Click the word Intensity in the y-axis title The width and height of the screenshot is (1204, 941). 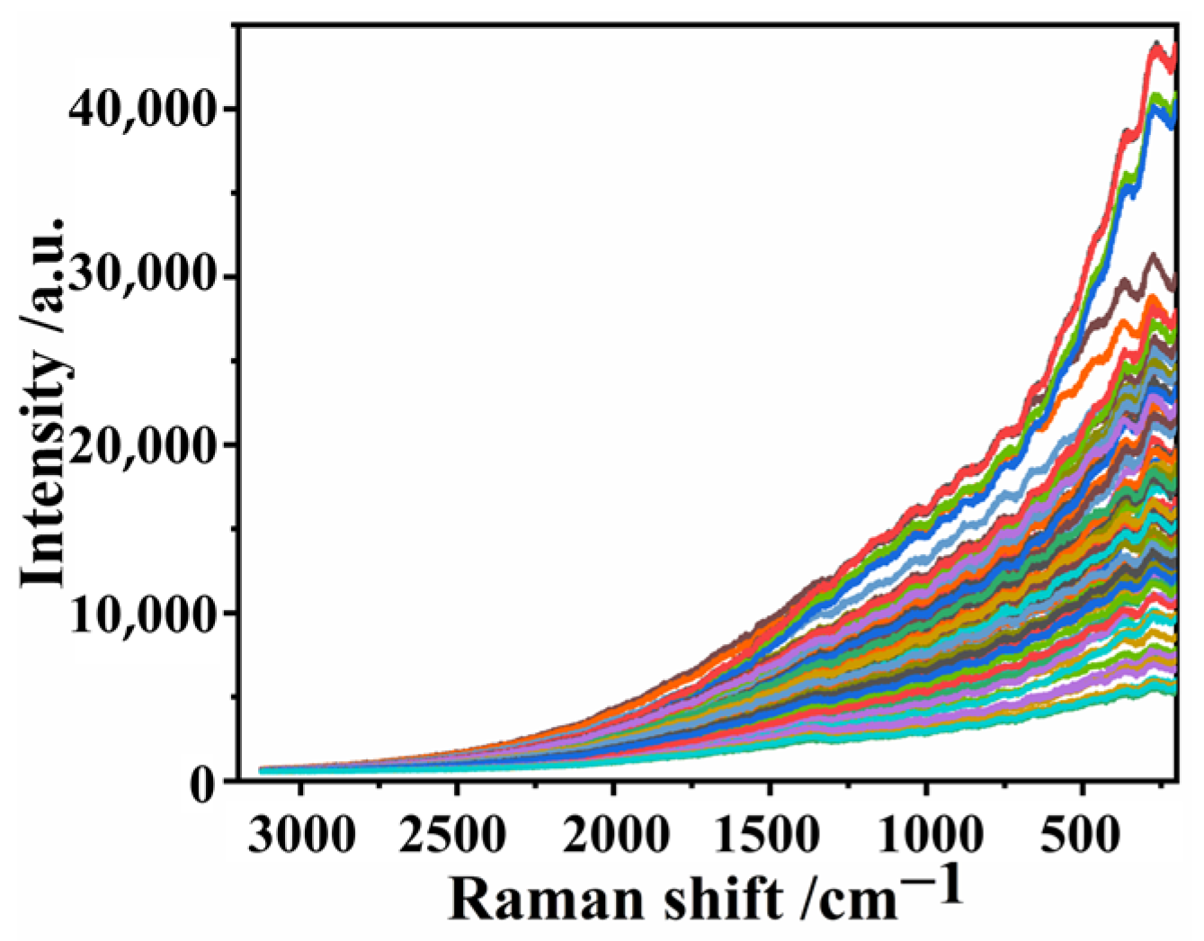pos(45,490)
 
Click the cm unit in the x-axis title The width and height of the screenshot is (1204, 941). pos(852,898)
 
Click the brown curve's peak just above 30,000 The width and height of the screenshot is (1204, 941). pos(1152,256)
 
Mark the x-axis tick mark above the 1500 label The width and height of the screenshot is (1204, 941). pos(770,788)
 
